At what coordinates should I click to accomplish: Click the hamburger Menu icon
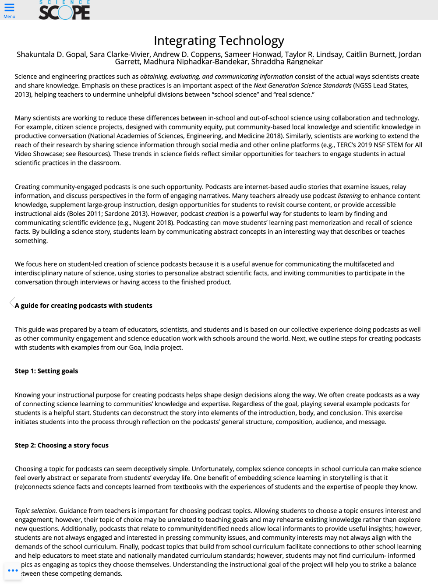click(9, 7)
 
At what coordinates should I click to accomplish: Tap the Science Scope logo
click(64, 11)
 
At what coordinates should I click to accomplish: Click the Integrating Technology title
click(219, 41)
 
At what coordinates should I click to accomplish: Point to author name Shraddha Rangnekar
click(287, 62)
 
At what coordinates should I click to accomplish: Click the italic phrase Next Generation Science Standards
click(302, 85)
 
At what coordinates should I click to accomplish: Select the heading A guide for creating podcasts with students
click(84, 306)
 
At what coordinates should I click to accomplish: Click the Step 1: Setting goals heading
click(46, 371)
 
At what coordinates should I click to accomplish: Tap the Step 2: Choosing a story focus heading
click(62, 445)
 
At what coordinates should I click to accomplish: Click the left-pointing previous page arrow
click(12, 303)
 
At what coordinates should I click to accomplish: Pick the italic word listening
click(349, 196)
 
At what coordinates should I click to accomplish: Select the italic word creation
click(217, 214)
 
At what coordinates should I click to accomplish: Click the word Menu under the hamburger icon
click(9, 17)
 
